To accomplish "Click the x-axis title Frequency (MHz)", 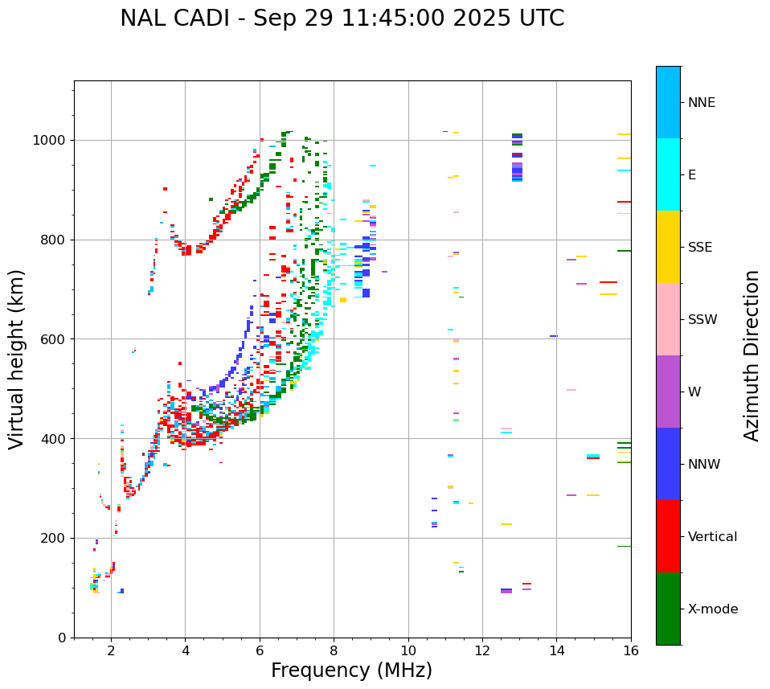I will [351, 671].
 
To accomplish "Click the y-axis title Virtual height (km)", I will [17, 359].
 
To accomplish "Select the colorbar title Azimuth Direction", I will [752, 355].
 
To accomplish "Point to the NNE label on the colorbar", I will [701, 103].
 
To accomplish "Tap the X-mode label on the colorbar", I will [712, 609].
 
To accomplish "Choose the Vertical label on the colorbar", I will [712, 537].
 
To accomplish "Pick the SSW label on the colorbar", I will [702, 320].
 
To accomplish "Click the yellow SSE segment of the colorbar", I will [668, 246].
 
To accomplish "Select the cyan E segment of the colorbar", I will [668, 174].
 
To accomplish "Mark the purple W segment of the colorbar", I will [668, 391].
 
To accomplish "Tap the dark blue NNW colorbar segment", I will [668, 463].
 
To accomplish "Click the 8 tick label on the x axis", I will [334, 650].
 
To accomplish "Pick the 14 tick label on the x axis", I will [556, 650].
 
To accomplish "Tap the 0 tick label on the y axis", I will [62, 638].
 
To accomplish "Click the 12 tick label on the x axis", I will [482, 650].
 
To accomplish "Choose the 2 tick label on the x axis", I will [111, 650].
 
